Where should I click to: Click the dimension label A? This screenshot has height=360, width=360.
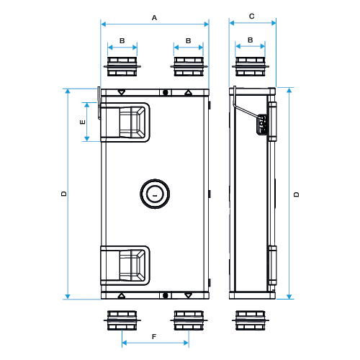point(154,15)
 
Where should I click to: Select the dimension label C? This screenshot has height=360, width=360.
point(251,15)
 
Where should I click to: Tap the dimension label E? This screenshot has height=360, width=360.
point(83,122)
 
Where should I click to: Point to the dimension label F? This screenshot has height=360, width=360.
point(154,336)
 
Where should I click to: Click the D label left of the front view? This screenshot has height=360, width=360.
point(64,194)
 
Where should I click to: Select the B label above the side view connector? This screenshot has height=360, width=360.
point(251,41)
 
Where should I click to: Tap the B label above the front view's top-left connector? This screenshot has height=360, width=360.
point(122,41)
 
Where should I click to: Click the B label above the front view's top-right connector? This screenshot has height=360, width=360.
point(188,41)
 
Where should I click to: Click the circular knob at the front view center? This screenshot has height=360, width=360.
point(154,194)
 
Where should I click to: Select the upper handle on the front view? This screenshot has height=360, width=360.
point(125,122)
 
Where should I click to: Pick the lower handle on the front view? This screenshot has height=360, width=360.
point(125,264)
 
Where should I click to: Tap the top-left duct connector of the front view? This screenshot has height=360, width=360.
point(122,66)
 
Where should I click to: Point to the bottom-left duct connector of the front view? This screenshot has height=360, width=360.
point(122,319)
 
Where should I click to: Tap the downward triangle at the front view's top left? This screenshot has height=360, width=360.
point(122,92)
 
